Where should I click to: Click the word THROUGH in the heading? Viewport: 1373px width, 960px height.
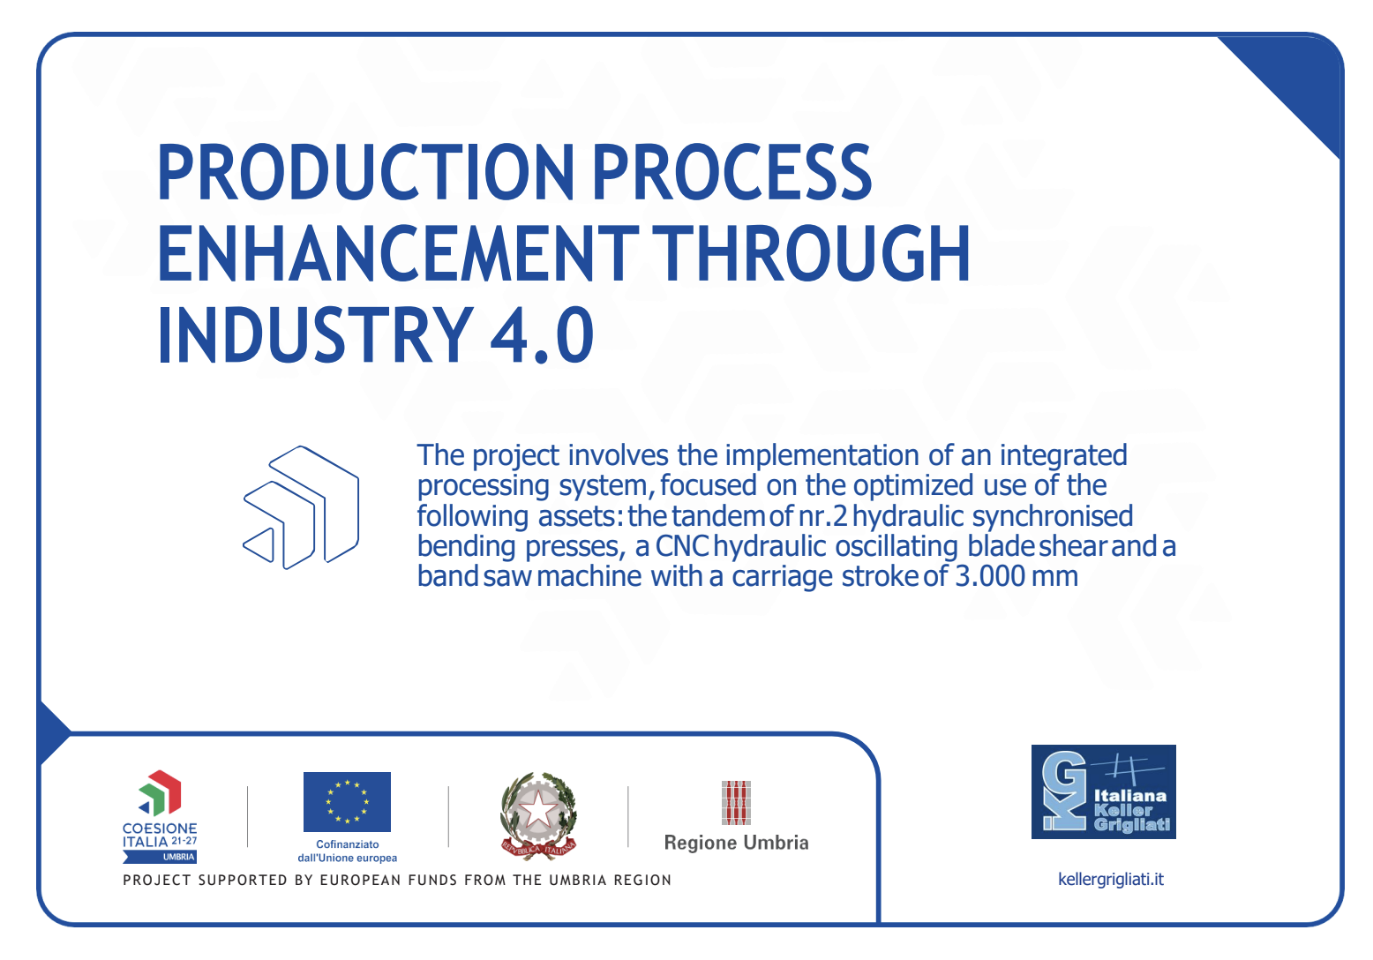tap(811, 253)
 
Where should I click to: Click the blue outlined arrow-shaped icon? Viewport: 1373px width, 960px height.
tap(301, 507)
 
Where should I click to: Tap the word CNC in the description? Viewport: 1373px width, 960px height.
tap(682, 546)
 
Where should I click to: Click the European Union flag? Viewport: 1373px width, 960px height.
tap(347, 801)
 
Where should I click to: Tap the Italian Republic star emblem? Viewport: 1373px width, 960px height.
tap(539, 815)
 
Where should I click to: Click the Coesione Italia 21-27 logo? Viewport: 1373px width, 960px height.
tap(160, 816)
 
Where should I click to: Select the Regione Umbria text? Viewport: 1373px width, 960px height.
tap(736, 843)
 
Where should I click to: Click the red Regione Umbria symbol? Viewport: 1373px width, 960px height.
tap(736, 802)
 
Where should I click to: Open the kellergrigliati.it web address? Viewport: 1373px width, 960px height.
tap(1111, 880)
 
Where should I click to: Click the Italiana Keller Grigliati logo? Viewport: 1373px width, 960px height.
tap(1103, 791)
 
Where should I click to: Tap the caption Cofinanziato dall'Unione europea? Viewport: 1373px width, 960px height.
tap(348, 851)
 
